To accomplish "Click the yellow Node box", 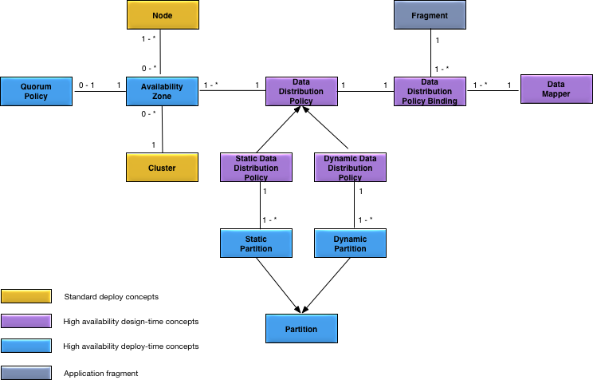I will pyautogui.click(x=162, y=15).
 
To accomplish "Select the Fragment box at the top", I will pyautogui.click(x=430, y=15).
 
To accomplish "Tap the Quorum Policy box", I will pyautogui.click(x=35, y=90).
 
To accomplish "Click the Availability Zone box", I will pyautogui.click(x=162, y=90).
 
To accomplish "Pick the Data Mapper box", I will pyautogui.click(x=555, y=89).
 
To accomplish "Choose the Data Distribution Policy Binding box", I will pyautogui.click(x=430, y=90).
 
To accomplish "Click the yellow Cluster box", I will pyautogui.click(x=162, y=167).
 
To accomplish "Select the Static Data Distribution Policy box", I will pyautogui.click(x=256, y=168).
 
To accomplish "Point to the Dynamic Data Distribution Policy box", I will pyautogui.click(x=350, y=168).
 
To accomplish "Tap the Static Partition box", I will pyautogui.click(x=256, y=243).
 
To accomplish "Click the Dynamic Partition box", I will pyautogui.click(x=350, y=243).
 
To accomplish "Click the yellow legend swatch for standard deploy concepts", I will pyautogui.click(x=26, y=296).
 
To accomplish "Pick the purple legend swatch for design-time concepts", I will pyautogui.click(x=26, y=322).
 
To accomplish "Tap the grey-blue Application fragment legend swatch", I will pyautogui.click(x=26, y=372).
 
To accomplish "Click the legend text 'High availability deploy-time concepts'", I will pyautogui.click(x=131, y=347).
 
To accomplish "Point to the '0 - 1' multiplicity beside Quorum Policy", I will pyautogui.click(x=85, y=84).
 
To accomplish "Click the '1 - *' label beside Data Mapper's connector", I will pyautogui.click(x=480, y=84).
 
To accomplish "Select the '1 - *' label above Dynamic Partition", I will pyautogui.click(x=366, y=220).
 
